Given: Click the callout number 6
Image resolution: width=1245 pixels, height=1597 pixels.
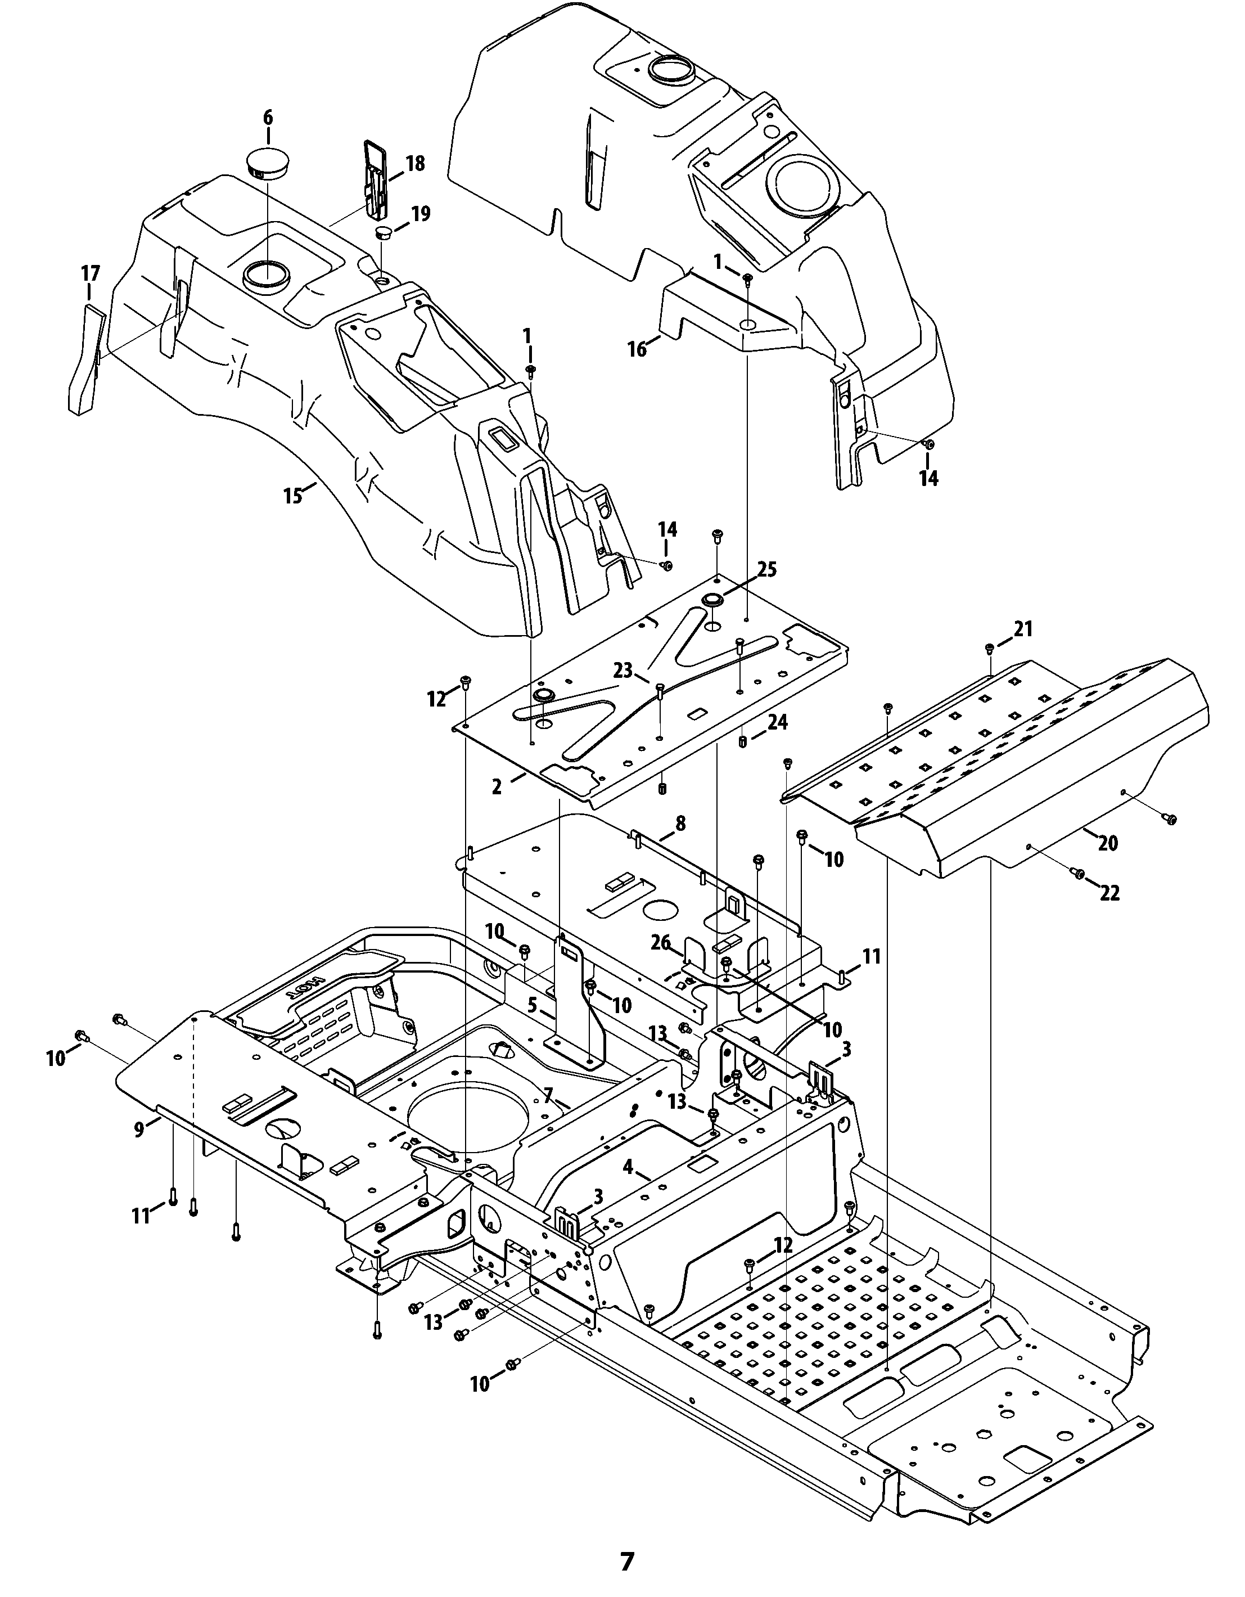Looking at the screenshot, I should (x=268, y=117).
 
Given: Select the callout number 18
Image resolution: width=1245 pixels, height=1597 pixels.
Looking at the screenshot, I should (x=414, y=163).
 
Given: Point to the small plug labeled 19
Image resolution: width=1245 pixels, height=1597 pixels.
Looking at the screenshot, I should (x=385, y=233).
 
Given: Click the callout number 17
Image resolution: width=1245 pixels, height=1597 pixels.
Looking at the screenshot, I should (x=90, y=273).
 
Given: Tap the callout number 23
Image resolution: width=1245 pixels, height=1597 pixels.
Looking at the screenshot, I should (x=623, y=671).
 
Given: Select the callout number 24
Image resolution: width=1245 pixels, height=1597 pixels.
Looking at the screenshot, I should (x=777, y=722).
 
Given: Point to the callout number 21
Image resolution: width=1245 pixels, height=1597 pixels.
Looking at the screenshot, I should (x=1023, y=628).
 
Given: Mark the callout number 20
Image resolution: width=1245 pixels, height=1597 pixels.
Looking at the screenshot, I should (x=1108, y=843).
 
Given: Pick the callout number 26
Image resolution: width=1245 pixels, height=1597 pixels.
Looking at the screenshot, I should (x=661, y=943).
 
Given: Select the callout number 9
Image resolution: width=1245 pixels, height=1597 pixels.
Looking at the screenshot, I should (x=139, y=1129).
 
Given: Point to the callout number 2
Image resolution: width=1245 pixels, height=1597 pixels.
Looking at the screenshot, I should (x=497, y=787).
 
